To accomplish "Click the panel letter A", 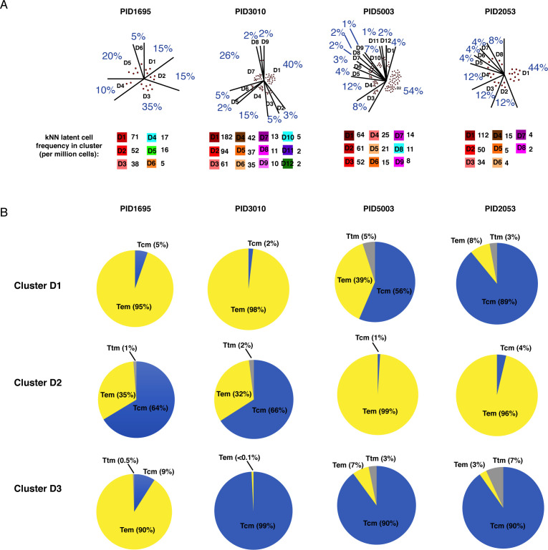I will point(5,6).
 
